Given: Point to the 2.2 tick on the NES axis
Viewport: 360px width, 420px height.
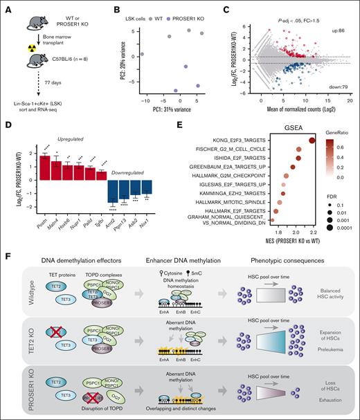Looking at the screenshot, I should (x=312, y=225).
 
